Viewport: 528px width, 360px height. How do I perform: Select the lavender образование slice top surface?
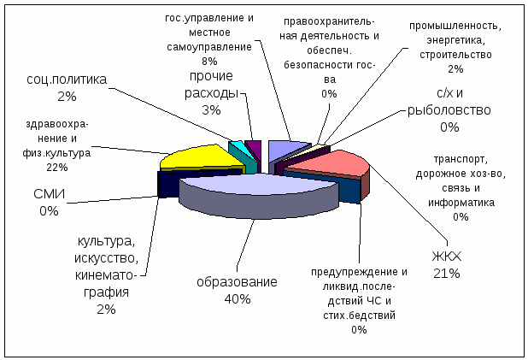coord(259,187)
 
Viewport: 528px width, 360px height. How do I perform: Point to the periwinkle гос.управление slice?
coord(286,148)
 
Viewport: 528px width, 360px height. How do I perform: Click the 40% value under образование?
coord(238,299)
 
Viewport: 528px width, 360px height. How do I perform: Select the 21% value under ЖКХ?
coord(447,274)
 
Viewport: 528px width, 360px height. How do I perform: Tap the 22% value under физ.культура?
coord(57,168)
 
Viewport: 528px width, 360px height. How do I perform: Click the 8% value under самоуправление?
coord(209,62)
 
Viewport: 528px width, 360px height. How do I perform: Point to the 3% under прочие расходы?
coord(211,110)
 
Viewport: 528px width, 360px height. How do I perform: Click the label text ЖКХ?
coord(447,257)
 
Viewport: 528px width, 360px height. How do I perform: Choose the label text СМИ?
coord(50,194)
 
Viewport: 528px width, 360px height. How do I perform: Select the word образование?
coord(237,282)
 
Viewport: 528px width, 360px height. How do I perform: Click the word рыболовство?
coord(449,110)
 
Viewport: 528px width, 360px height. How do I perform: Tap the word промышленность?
coord(455,26)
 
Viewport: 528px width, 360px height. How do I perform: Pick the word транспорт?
coord(461,159)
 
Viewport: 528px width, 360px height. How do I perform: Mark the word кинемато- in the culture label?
coord(106,275)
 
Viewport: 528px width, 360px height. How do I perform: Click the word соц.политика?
coord(67,80)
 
